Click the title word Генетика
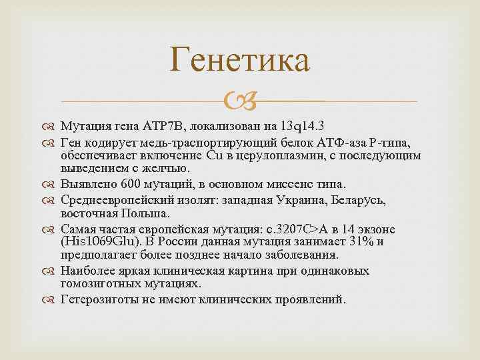click(240, 61)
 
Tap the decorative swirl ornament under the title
click(240, 102)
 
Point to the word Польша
click(151, 213)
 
